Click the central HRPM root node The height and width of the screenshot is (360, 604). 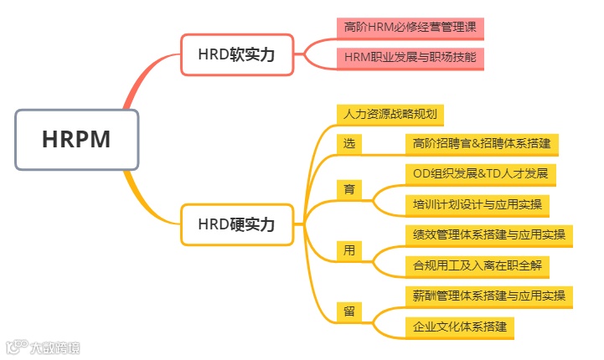[76, 139]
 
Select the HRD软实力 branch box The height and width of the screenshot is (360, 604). [237, 54]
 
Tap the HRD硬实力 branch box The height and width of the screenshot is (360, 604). [237, 224]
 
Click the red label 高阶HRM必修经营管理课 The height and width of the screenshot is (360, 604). [410, 28]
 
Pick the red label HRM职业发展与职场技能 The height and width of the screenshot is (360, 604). [410, 57]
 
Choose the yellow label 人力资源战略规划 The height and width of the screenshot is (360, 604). [390, 114]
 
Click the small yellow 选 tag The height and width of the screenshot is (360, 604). [349, 143]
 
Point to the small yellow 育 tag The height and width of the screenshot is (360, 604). [349, 188]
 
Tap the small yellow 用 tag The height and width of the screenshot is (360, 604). [349, 249]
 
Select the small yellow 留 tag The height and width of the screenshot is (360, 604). [349, 311]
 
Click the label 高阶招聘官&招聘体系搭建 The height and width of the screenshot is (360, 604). [481, 143]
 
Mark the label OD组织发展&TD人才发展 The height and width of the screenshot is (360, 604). [480, 173]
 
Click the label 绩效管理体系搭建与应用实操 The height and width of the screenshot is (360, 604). [488, 234]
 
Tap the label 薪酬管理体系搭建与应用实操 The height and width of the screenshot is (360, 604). [488, 296]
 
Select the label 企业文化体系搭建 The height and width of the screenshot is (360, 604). [459, 327]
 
